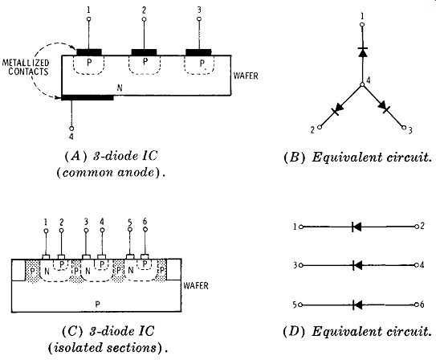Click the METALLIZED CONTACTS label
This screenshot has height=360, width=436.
[x=26, y=67]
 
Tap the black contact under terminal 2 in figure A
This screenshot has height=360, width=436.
[x=144, y=52]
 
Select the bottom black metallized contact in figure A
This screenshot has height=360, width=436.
[x=88, y=97]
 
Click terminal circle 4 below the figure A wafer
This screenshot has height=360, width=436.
[x=71, y=129]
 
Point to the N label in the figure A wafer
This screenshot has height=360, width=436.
[x=120, y=88]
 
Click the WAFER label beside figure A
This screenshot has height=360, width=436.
[x=246, y=76]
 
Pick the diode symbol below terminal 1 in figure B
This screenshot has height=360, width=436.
[x=363, y=52]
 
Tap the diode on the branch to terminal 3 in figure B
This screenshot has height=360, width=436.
[x=383, y=106]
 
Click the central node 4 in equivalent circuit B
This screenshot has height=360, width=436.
[x=362, y=84]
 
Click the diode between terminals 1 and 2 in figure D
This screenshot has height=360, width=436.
[x=357, y=227]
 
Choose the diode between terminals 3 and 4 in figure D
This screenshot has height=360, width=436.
[x=357, y=265]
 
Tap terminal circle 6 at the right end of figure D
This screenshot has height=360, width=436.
[x=416, y=305]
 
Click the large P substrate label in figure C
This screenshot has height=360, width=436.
[x=97, y=304]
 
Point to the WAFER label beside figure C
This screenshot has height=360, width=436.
[x=196, y=286]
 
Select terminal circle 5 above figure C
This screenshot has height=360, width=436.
[x=129, y=229]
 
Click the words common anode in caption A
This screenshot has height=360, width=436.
[x=108, y=173]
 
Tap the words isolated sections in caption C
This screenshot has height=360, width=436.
[x=104, y=348]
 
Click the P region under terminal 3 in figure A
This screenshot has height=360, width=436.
[x=199, y=65]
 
